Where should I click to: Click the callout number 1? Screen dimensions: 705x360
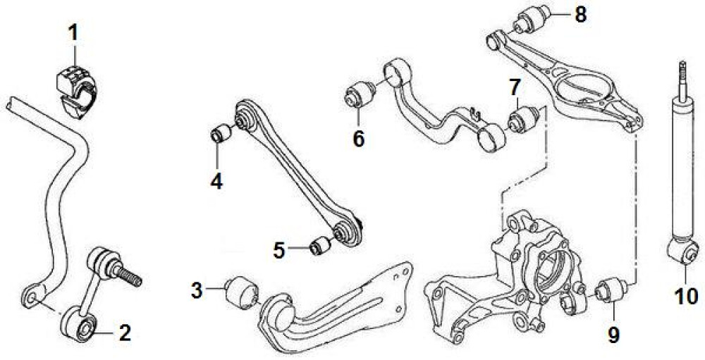coord(73,33)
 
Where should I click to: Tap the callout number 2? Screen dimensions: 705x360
coord(124,333)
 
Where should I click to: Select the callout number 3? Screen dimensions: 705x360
coord(197,291)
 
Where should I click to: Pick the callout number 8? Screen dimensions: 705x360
coord(580,15)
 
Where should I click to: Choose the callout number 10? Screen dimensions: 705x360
coord(687,297)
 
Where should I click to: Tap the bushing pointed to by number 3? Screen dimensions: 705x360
coord(243,292)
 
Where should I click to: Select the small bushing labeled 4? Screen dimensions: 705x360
coord(221,133)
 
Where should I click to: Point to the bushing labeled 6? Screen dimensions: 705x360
coord(360,94)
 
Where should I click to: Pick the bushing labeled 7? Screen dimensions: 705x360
coord(523,118)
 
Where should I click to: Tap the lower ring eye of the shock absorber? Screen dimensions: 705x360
coord(683,252)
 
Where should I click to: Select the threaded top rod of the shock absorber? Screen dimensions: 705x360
coord(682,81)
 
